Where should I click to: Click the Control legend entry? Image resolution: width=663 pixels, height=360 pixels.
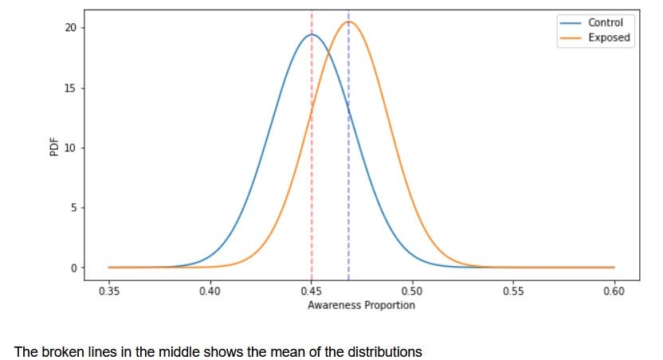click(605, 23)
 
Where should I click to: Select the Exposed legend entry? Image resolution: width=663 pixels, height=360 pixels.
click(608, 37)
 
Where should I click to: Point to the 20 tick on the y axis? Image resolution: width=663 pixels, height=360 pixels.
click(69, 28)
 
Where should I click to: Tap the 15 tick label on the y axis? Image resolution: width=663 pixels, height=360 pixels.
click(69, 88)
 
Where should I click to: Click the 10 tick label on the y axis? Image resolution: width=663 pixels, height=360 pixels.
click(69, 148)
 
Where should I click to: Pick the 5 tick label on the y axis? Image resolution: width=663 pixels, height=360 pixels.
click(72, 208)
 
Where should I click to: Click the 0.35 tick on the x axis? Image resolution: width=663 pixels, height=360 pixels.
click(109, 292)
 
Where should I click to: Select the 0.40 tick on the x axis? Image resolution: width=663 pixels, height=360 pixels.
click(210, 292)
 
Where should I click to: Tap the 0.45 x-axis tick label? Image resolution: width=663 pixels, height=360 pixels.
click(311, 292)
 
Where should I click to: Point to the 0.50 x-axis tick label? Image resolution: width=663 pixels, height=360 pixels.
click(412, 292)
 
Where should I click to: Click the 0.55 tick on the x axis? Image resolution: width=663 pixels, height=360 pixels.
click(513, 292)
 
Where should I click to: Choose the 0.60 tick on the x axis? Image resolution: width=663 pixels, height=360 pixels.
click(614, 292)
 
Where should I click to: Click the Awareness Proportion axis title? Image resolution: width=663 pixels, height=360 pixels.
click(361, 305)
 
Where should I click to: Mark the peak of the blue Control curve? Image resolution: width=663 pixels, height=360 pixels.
click(312, 34)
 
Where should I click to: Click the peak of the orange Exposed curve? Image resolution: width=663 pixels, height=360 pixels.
click(350, 22)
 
